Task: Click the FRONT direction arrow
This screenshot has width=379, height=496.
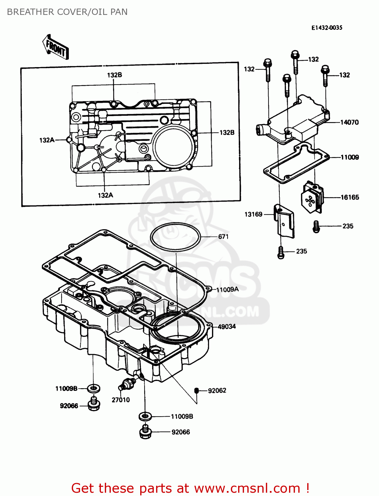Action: click(56, 47)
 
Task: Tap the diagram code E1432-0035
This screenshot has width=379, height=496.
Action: click(326, 28)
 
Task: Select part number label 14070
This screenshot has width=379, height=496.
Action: click(349, 122)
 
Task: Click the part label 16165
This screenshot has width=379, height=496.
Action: click(350, 197)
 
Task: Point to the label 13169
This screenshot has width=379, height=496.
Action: click(253, 214)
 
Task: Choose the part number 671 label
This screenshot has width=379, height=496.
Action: click(223, 236)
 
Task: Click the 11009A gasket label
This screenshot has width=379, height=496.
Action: click(227, 290)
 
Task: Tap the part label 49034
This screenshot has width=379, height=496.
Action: click(227, 327)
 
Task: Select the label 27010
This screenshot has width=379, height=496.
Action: click(121, 400)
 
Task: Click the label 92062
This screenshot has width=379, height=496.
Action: click(217, 391)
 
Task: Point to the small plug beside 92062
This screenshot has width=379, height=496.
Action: click(196, 391)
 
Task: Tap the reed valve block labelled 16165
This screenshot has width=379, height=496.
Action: click(312, 198)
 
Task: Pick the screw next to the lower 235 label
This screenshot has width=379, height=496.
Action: click(281, 252)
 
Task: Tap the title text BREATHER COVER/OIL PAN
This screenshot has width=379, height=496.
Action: click(67, 12)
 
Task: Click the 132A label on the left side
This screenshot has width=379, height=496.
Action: click(47, 140)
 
